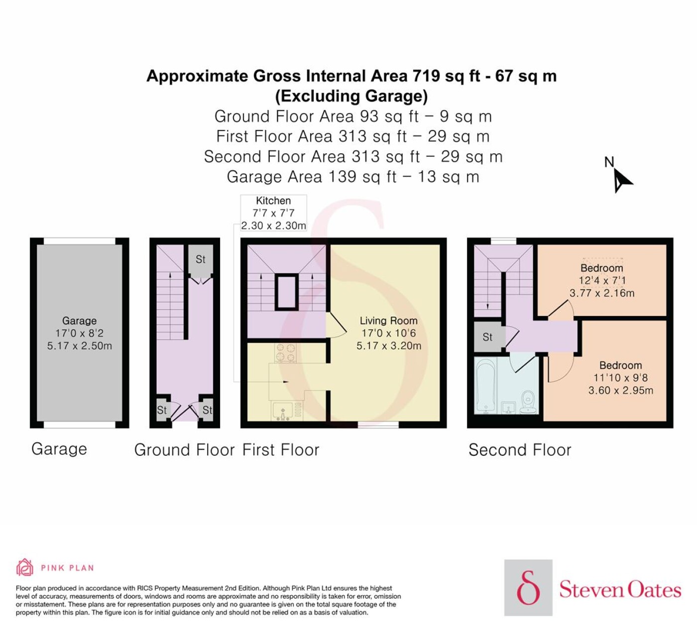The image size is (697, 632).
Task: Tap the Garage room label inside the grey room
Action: coord(80,320)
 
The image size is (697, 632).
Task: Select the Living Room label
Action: coord(388,320)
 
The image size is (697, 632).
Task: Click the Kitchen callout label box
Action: coord(273,213)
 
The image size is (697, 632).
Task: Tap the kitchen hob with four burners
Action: coord(286,353)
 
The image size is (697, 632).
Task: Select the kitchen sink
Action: coord(283,412)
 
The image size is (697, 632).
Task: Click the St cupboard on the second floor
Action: coord(487,337)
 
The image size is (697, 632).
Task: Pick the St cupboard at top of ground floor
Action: coord(201,260)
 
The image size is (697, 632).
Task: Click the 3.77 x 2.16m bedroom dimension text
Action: coord(602,293)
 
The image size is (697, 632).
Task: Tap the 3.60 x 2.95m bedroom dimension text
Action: coord(620,390)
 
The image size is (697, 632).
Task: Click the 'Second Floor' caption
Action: coord(520,450)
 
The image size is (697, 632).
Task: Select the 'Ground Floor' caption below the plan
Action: coord(185,450)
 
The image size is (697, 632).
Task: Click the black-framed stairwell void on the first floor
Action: coord(287,292)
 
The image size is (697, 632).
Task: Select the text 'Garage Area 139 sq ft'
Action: coord(312,177)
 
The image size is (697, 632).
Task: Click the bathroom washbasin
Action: coord(509,408)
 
